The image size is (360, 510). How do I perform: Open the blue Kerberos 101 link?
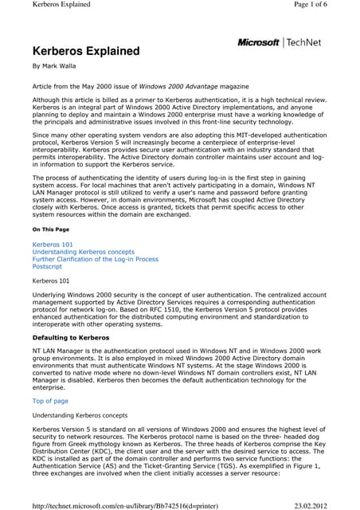coord(53,242)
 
